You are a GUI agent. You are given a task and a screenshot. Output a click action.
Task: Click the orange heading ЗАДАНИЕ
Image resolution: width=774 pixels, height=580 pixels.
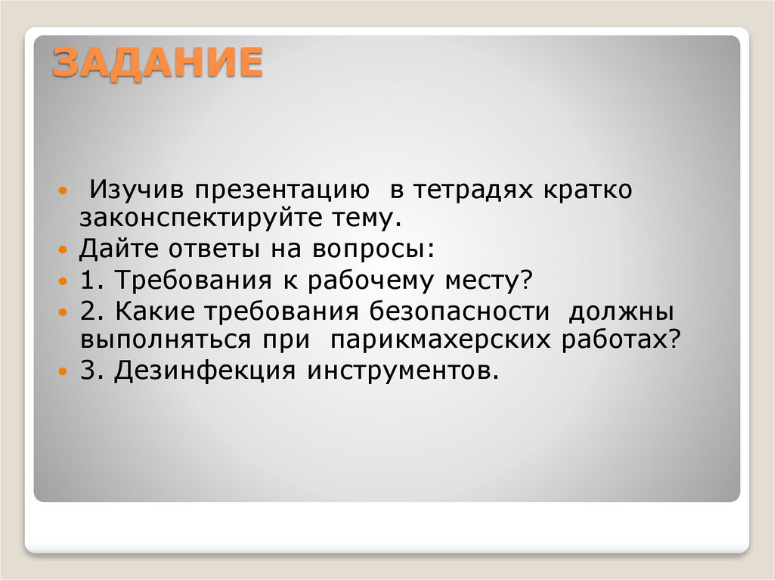[157, 63]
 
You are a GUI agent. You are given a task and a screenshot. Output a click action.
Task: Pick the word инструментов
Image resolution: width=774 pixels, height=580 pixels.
[403, 371]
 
